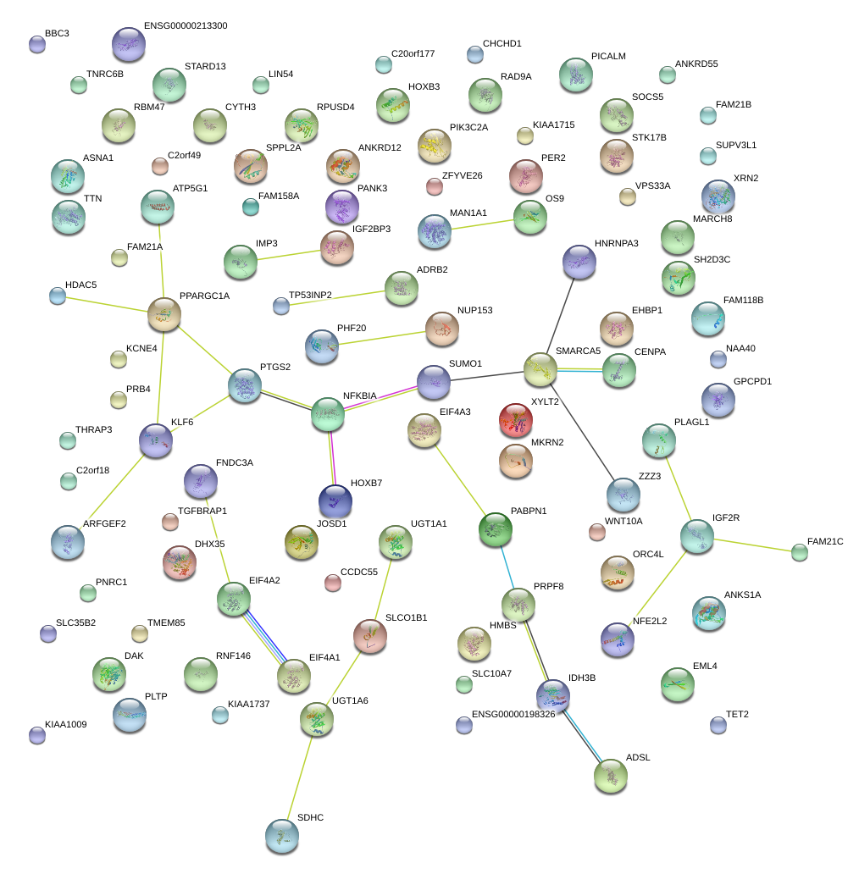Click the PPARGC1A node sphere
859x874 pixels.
pyautogui.click(x=164, y=314)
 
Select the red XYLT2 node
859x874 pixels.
pyautogui.click(x=517, y=420)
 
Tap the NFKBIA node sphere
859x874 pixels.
pyautogui.click(x=328, y=413)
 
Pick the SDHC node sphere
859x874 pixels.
pyautogui.click(x=281, y=835)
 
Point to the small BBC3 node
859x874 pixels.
pyautogui.click(x=36, y=44)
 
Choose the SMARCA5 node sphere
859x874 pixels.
pyautogui.click(x=540, y=368)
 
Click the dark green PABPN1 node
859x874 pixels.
pyautogui.click(x=495, y=529)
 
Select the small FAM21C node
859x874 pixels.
pyautogui.click(x=799, y=552)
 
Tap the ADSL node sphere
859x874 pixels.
pyautogui.click(x=611, y=776)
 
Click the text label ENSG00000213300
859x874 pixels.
pyautogui.click(x=186, y=26)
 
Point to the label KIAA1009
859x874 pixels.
pyautogui.click(x=66, y=724)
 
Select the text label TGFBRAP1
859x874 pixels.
pyautogui.click(x=202, y=512)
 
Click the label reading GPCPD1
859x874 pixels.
pyautogui.click(x=752, y=382)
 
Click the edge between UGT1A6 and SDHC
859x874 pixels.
pyautogui.click(x=301, y=772)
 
